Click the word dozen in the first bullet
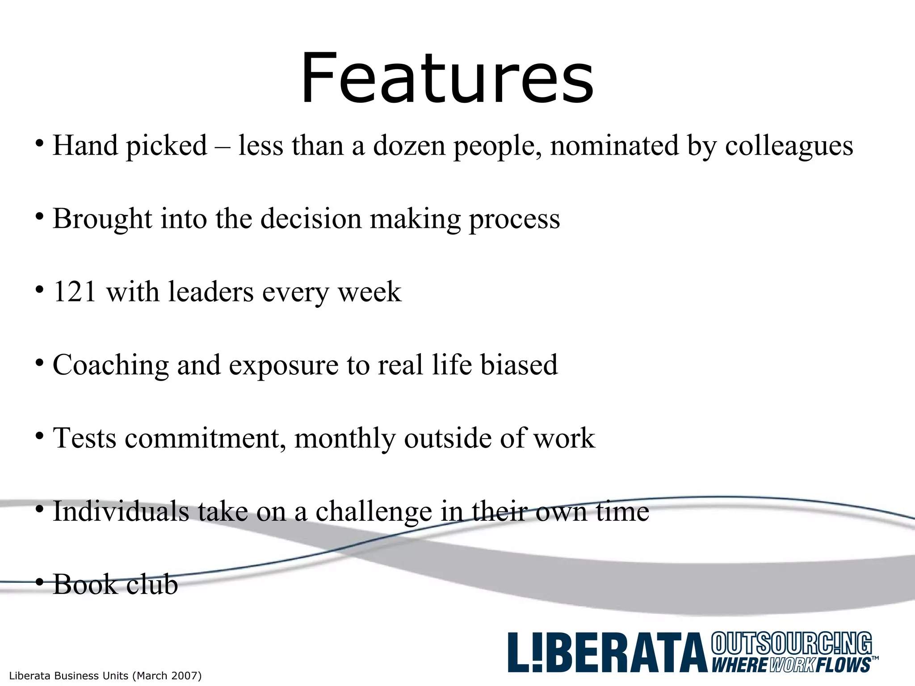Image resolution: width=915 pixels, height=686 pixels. point(409,146)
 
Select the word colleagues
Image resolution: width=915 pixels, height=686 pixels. point(789,146)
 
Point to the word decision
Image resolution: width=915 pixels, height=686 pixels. point(311,219)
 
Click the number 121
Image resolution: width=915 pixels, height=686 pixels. point(75,292)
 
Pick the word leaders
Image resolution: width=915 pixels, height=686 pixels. point(211,292)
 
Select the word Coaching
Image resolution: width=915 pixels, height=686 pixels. point(110,365)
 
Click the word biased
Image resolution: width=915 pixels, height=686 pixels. point(519,364)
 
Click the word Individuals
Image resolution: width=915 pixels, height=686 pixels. point(121,511)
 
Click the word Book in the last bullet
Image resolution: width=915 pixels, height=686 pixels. point(85,584)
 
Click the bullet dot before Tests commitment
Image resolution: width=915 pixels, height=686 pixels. point(40,436)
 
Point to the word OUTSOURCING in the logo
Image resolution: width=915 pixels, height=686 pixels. point(791,644)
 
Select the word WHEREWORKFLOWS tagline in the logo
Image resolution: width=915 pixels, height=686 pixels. point(791,665)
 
